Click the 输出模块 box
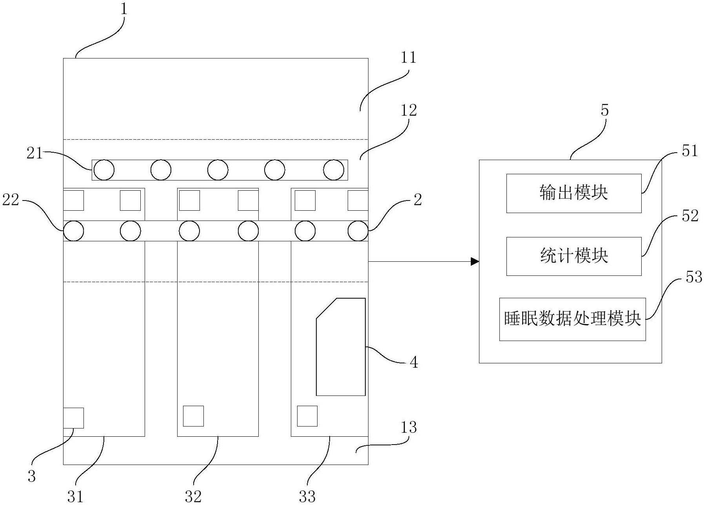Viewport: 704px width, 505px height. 574,193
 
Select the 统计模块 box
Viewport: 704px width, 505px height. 574,256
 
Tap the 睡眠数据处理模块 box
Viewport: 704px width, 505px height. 572,319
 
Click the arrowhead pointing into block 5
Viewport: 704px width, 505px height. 475,261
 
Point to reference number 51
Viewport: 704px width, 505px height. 690,151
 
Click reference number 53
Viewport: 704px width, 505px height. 693,277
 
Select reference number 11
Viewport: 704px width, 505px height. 408,58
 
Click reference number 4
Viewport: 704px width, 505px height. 414,363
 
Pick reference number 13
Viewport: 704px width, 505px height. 408,427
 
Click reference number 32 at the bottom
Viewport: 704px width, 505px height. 193,497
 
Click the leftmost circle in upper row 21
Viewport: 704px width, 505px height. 104,170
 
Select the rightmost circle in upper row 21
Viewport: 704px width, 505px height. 334,170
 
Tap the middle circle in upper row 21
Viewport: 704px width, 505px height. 218,170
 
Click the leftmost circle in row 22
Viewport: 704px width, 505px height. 74,231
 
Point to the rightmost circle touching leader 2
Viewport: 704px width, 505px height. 358,231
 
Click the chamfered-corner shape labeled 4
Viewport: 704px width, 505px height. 341,347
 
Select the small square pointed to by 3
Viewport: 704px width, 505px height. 73,418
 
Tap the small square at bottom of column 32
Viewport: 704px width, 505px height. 193,416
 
